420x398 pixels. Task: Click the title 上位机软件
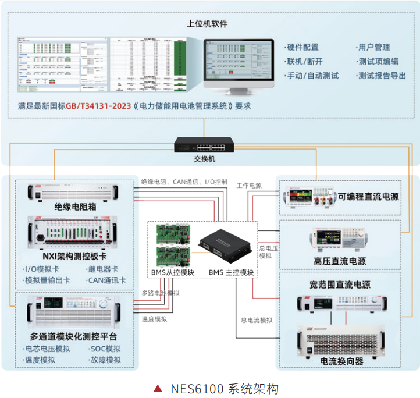[x=207, y=24]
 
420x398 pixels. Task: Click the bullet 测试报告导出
[x=381, y=76]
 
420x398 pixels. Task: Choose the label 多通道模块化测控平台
[x=73, y=337]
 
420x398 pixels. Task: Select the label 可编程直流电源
[x=368, y=197]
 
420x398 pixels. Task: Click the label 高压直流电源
[x=340, y=261]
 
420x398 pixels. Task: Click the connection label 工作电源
[x=248, y=186]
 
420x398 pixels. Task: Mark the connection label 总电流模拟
[x=256, y=319]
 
